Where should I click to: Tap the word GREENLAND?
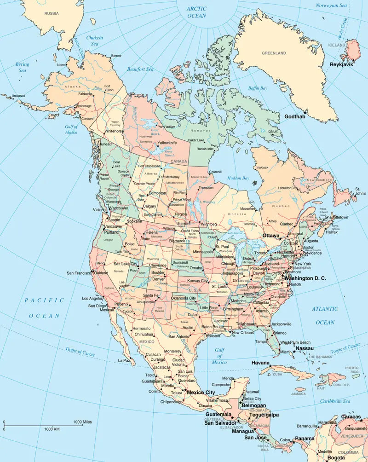point(274,53)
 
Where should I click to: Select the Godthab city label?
point(295,116)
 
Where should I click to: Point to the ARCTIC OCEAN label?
point(197,12)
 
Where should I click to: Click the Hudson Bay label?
point(238,178)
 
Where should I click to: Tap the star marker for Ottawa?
point(280,239)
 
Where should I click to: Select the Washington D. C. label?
point(305,278)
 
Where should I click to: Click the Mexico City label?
point(201,393)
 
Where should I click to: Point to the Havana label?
point(260,363)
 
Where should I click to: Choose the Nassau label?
point(304,348)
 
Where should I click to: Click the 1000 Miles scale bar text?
point(82,422)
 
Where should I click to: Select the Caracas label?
point(351,417)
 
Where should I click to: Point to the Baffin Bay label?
point(258,88)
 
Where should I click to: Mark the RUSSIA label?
point(52,13)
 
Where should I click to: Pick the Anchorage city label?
point(84,106)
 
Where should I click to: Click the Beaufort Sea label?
point(140,69)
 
